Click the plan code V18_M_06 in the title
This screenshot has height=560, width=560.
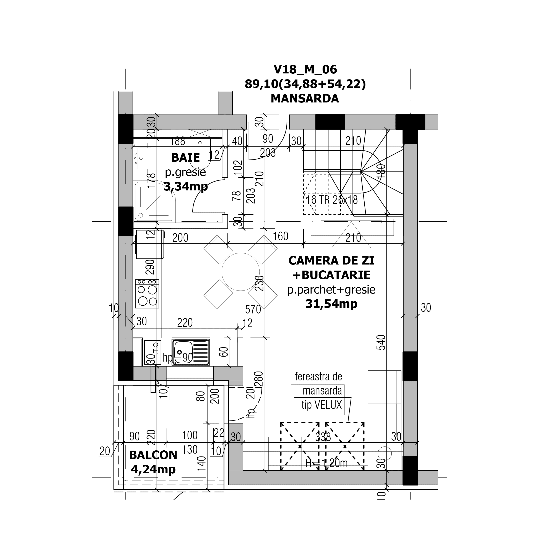(x=305, y=70)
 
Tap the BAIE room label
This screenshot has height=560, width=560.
(x=185, y=158)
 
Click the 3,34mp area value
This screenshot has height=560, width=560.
(x=185, y=186)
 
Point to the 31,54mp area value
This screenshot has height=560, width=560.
(x=331, y=304)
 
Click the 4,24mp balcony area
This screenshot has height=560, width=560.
(x=153, y=469)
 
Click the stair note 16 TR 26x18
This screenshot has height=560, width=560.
(x=332, y=200)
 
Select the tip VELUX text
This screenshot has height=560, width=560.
(x=322, y=405)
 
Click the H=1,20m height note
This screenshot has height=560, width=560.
(x=326, y=463)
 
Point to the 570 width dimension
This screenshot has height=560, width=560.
(x=253, y=310)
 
